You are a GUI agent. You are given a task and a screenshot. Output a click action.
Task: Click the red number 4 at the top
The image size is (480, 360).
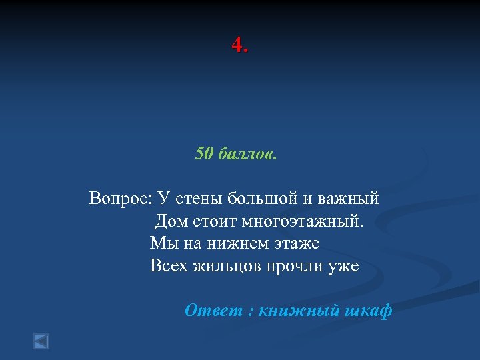(x=237, y=45)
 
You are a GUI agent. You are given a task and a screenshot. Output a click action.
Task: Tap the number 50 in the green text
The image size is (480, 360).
(x=203, y=154)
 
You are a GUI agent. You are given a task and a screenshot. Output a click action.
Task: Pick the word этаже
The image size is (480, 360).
(x=295, y=243)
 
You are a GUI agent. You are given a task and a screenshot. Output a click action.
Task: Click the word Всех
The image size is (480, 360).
(x=169, y=266)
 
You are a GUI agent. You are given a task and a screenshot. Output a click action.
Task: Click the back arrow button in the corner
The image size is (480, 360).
(x=41, y=341)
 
